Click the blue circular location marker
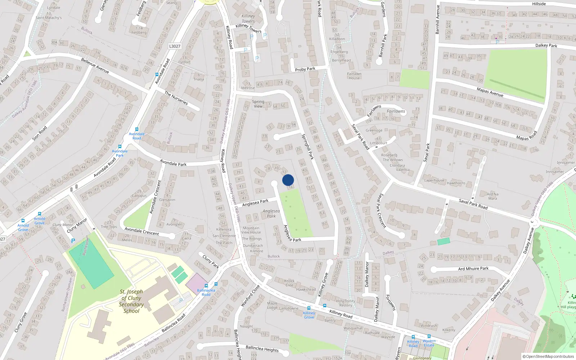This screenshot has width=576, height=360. [x=288, y=180]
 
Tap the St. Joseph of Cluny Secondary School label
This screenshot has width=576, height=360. [x=131, y=301]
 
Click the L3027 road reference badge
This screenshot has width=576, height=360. [x=175, y=46]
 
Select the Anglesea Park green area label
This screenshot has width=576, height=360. [x=271, y=213]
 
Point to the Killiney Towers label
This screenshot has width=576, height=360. [x=248, y=18]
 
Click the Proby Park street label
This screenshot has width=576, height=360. [x=305, y=69]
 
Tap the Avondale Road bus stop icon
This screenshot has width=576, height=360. [x=137, y=129]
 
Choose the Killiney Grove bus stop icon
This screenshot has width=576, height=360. [x=309, y=308]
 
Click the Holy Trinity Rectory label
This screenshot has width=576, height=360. [x=346, y=303]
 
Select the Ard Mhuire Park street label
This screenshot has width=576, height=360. [x=473, y=269]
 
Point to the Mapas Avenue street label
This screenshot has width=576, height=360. [x=490, y=92]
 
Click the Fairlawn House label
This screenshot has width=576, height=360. [x=354, y=76]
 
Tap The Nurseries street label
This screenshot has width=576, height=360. [x=176, y=98]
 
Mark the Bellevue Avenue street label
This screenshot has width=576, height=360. [x=95, y=66]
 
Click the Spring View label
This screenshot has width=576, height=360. [x=258, y=104]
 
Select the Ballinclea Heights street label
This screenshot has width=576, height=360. [x=262, y=348]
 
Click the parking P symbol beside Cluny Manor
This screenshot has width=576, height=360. [x=73, y=241]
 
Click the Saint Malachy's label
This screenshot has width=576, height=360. [x=49, y=18]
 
